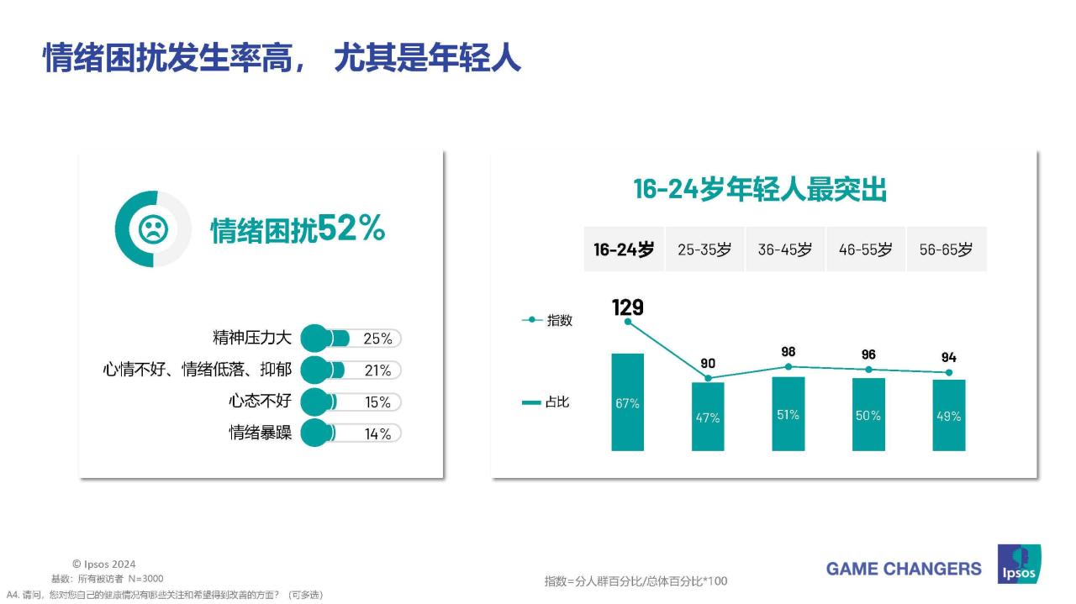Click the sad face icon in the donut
coord(153,229)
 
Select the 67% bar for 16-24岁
coord(627,402)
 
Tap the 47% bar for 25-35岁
coord(708,417)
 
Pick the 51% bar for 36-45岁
coord(788,413)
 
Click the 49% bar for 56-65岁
coord(949,415)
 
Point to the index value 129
coord(627,307)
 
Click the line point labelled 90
coord(708,379)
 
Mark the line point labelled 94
coord(949,372)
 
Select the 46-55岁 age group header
coord(865,249)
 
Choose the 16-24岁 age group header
coord(624,249)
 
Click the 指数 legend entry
coord(548,320)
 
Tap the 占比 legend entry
coord(546,402)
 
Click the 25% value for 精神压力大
coord(377,339)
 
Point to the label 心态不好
coord(261,402)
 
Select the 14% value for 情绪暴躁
coord(377,433)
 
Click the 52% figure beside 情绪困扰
coord(351,228)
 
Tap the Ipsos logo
coord(1019,565)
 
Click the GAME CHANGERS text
coord(904,569)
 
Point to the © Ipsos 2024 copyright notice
coord(103,565)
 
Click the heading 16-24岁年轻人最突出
coord(760,190)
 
